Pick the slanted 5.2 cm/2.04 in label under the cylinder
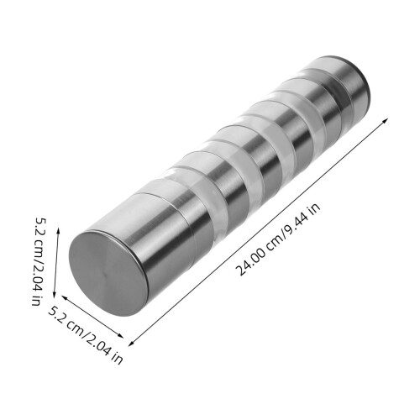point(86,334)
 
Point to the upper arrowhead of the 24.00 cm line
point(386,120)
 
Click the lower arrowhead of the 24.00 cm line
point(131,344)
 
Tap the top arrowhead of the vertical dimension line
point(58,231)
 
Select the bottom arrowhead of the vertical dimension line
point(55,294)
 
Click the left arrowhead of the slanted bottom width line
point(65,297)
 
